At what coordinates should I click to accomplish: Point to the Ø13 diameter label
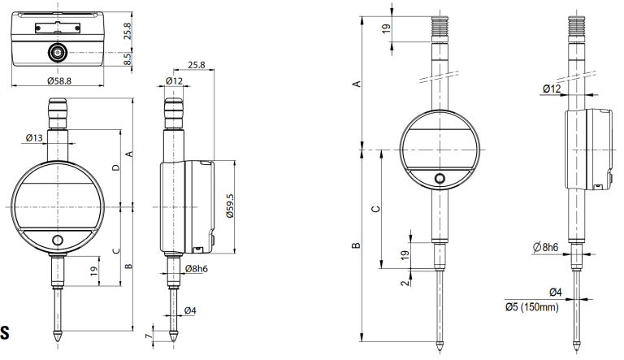pos(34,138)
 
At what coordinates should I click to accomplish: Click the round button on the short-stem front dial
pos(58,241)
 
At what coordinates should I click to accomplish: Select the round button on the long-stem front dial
pos(440,179)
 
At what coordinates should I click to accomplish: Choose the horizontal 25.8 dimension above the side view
pos(195,64)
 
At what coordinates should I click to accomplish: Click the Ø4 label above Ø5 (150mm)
pos(556,292)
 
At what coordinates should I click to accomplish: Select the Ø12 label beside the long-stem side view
pos(552,88)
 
